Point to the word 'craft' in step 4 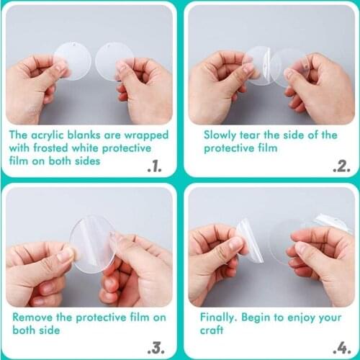click(217, 330)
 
